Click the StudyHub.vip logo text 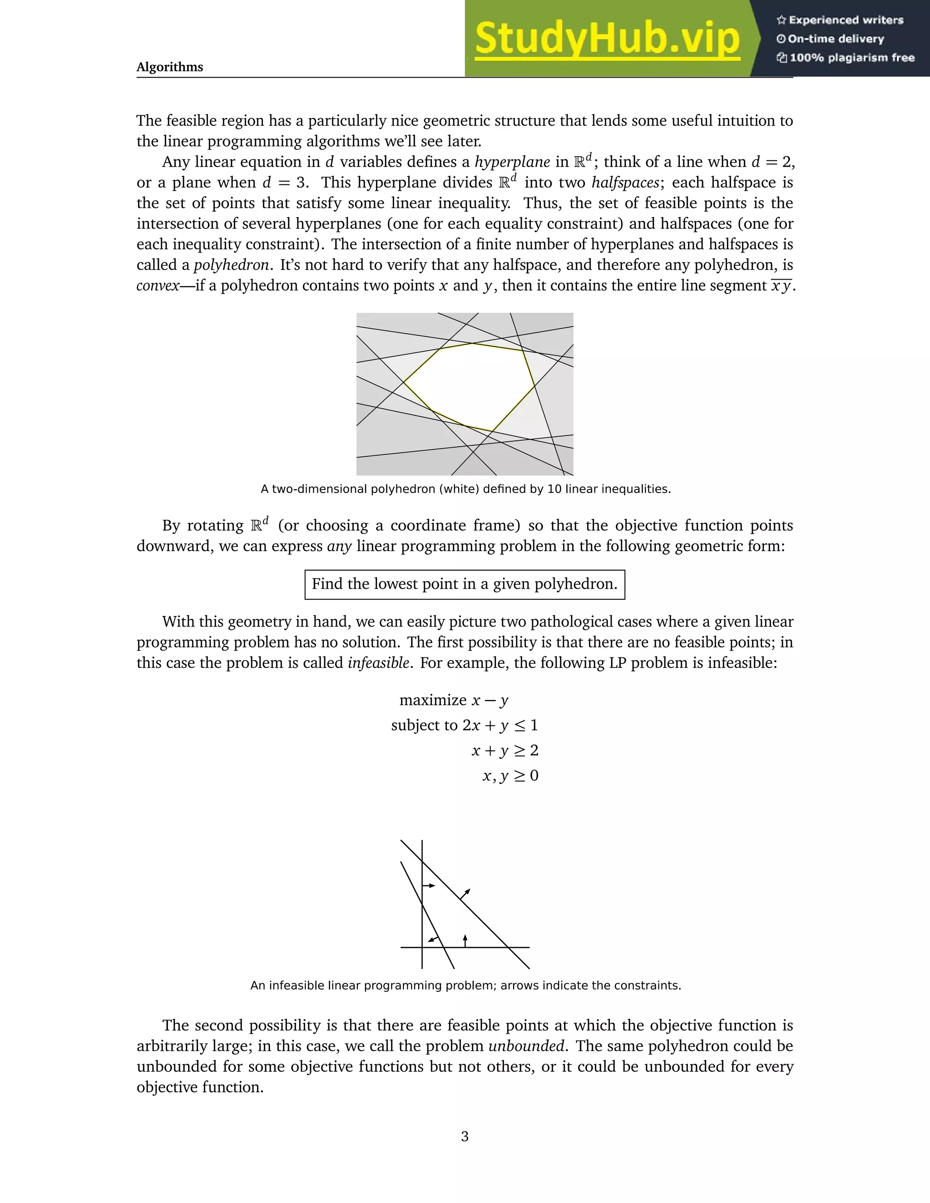click(x=607, y=39)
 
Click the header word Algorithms click(x=170, y=67)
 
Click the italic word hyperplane click(x=512, y=162)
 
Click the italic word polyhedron click(x=231, y=265)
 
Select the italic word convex click(x=158, y=286)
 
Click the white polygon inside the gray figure click(x=468, y=385)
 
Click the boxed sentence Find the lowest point click(x=465, y=584)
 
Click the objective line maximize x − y click(x=454, y=700)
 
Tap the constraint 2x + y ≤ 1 click(x=500, y=725)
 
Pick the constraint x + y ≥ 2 click(x=505, y=751)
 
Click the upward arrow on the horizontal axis click(x=465, y=940)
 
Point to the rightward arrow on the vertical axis click(x=429, y=886)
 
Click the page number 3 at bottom click(x=465, y=1136)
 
